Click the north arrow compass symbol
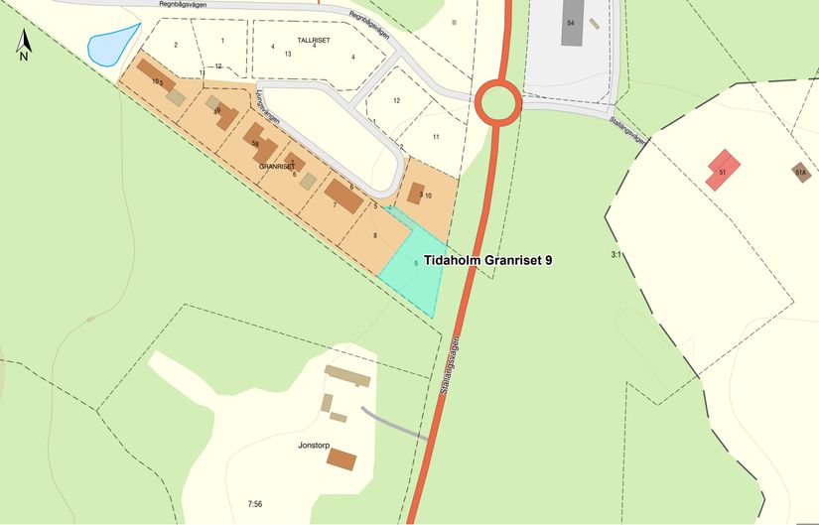pos(24,44)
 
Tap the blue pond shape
pos(108,46)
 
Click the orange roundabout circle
pos(496,102)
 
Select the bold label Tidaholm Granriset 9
pos(487,260)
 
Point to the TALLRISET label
pos(314,40)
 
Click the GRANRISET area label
pos(277,167)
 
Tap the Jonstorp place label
pos(314,446)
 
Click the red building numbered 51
pos(723,170)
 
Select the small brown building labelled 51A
pos(800,172)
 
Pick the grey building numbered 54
pos(571,24)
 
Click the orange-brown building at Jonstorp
pos(341,459)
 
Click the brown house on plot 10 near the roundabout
pos(417,193)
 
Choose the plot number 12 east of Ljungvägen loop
pos(396,101)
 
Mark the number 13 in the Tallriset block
pos(287,54)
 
